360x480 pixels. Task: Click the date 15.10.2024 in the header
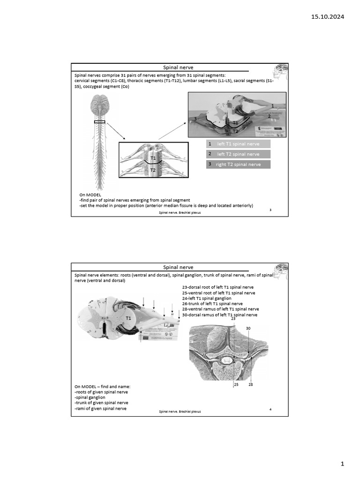click(x=328, y=17)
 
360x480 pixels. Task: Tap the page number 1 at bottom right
click(x=342, y=464)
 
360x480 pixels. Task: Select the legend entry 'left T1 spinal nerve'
click(x=238, y=144)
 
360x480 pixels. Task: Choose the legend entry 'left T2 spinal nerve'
click(x=238, y=154)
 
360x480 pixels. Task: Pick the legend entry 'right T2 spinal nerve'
click(x=238, y=165)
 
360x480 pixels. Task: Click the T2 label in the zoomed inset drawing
click(x=153, y=171)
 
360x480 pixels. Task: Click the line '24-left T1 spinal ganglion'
click(x=207, y=298)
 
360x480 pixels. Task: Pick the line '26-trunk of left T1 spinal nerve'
click(x=213, y=304)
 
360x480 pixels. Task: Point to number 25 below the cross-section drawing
click(x=237, y=385)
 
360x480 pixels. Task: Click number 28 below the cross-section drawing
click(x=251, y=385)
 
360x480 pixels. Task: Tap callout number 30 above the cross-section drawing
click(x=248, y=328)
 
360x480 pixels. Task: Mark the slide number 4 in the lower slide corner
click(x=271, y=410)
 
